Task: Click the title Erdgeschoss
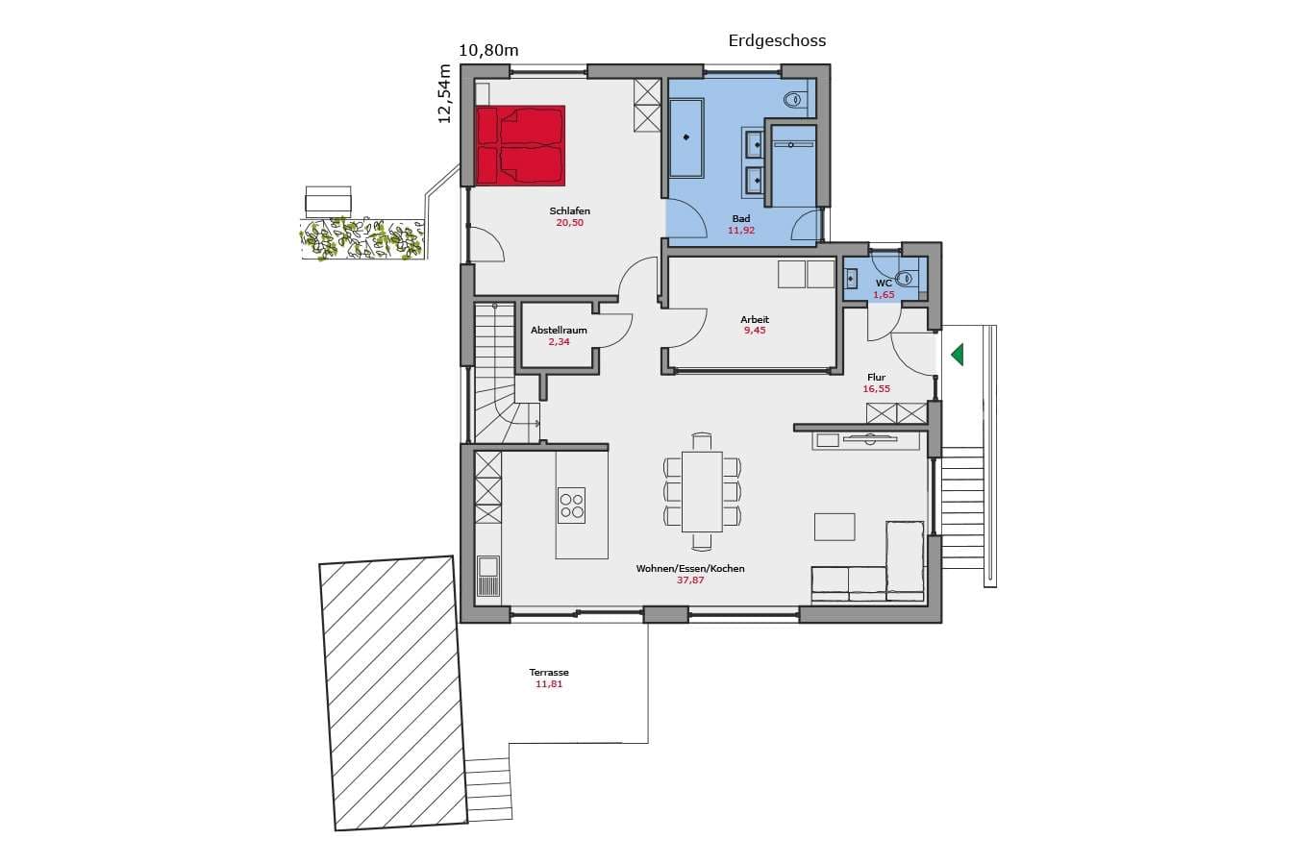(777, 41)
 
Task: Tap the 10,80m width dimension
(488, 51)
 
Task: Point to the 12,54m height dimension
(444, 93)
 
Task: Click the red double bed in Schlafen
(521, 146)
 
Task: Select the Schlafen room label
(570, 211)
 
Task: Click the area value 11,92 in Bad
(741, 230)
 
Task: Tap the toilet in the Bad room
(795, 99)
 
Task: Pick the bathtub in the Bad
(686, 137)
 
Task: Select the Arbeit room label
(755, 319)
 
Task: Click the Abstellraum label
(559, 331)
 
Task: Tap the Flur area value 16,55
(877, 389)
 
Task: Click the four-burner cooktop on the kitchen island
(572, 506)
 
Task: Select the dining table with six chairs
(703, 491)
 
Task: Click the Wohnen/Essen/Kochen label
(690, 569)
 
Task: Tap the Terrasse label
(549, 673)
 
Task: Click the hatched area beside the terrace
(394, 693)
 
